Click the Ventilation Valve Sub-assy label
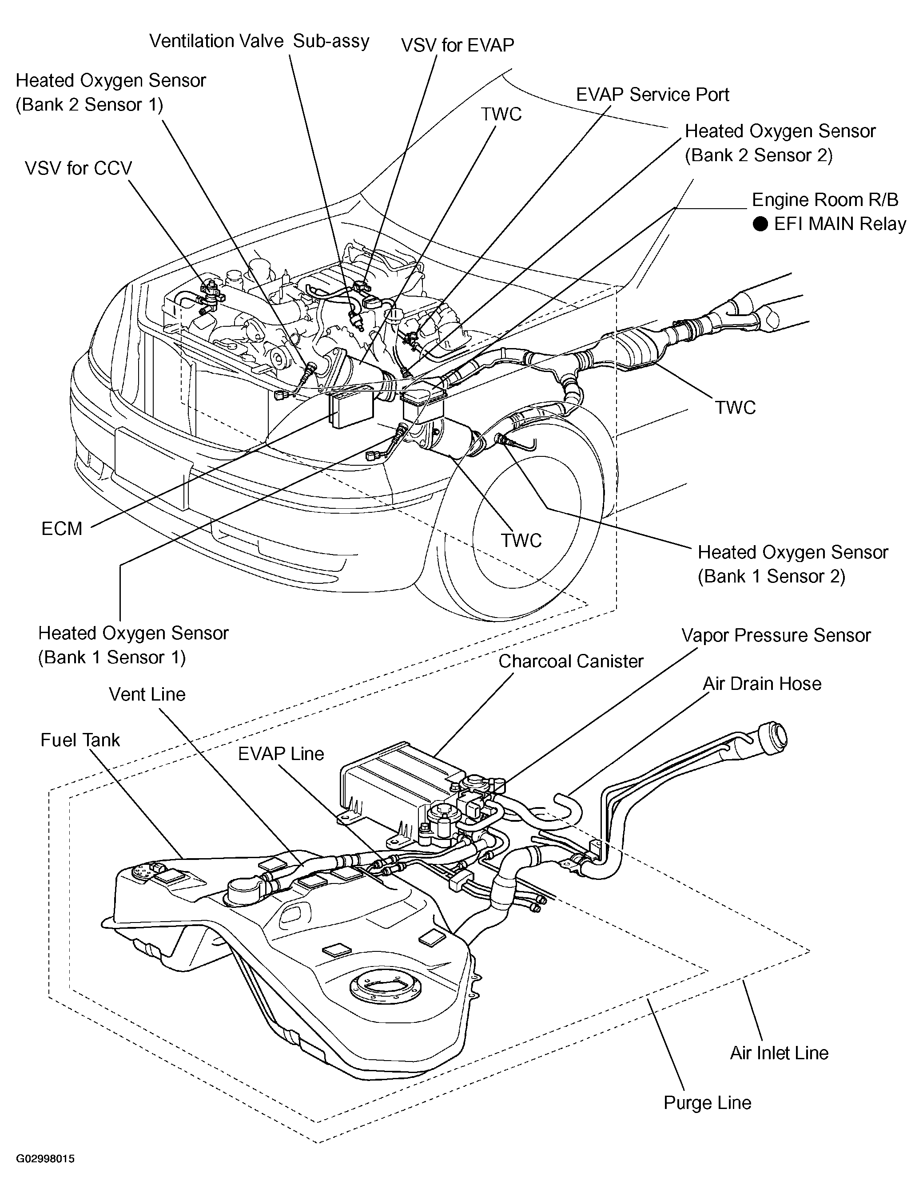pyautogui.click(x=259, y=41)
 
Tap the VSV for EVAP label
pyautogui.click(x=458, y=45)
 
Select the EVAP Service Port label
pyautogui.click(x=652, y=94)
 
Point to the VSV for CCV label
pyautogui.click(x=78, y=168)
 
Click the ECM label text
pyautogui.click(x=62, y=528)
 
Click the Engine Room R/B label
pyautogui.click(x=825, y=199)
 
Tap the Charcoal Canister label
pyautogui.click(x=571, y=661)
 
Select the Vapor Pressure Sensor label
pyautogui.click(x=776, y=635)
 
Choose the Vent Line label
pyautogui.click(x=147, y=694)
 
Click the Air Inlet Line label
pyautogui.click(x=779, y=1053)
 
